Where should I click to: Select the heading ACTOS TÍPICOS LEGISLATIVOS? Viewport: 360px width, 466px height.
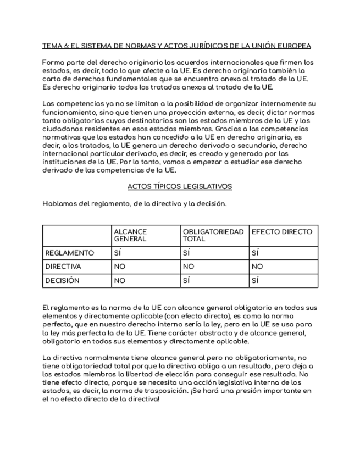click(180, 186)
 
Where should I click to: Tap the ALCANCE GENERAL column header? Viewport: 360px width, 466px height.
click(130, 235)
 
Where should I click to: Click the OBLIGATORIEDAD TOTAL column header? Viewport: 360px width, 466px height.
click(213, 235)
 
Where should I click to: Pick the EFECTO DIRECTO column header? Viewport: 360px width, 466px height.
click(281, 232)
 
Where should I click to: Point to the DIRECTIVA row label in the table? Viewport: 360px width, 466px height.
click(63, 267)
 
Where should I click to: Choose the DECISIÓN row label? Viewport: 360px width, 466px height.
click(62, 280)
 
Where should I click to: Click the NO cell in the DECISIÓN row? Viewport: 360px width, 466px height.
click(119, 280)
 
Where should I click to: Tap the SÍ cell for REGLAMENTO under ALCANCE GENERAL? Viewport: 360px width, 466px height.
click(117, 253)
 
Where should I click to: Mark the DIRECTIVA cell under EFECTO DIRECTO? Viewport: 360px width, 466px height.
click(257, 267)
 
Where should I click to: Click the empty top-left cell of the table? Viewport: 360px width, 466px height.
click(76, 235)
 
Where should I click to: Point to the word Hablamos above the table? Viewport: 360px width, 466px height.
click(60, 204)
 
